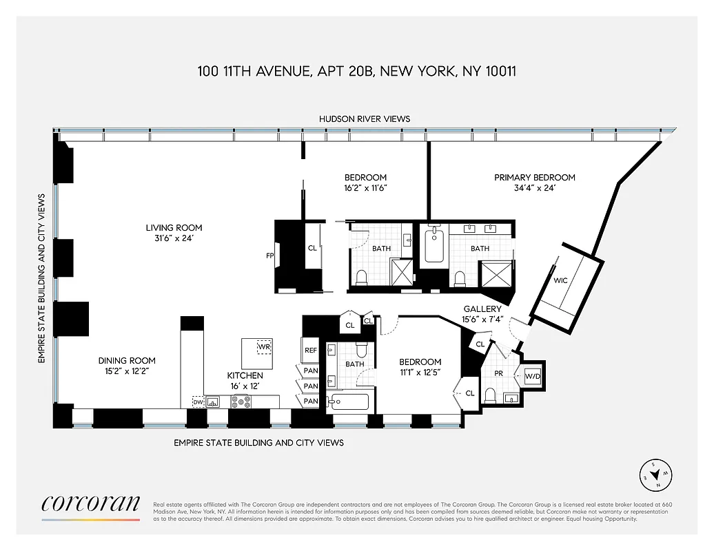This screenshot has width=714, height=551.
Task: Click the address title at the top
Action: (x=357, y=71)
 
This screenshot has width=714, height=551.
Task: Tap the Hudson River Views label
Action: (x=364, y=118)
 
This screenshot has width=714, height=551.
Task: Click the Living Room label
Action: (x=174, y=228)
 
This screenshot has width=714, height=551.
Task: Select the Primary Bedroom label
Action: (x=534, y=178)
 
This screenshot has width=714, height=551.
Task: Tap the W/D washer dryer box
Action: (x=533, y=377)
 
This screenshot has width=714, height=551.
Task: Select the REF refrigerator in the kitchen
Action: (x=311, y=351)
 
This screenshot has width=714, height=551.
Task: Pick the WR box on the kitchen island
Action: (x=263, y=346)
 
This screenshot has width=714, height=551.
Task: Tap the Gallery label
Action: (x=482, y=309)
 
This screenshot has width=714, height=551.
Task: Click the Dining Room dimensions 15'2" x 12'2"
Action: (x=127, y=371)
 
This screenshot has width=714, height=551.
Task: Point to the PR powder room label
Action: (x=499, y=373)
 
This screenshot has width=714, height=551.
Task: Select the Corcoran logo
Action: (x=90, y=505)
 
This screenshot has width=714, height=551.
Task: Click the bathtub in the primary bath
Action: (x=434, y=247)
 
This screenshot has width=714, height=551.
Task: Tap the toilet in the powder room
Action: (x=491, y=395)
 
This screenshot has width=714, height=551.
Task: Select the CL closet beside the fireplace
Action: (x=312, y=248)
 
